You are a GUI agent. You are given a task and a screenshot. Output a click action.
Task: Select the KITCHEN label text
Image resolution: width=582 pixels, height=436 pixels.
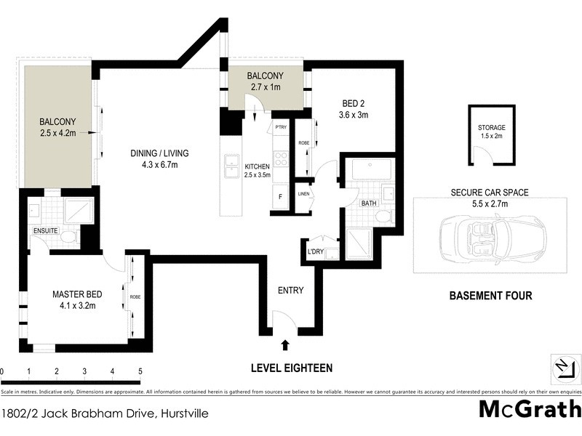257,166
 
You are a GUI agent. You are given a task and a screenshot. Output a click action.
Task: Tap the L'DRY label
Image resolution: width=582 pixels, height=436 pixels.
316,253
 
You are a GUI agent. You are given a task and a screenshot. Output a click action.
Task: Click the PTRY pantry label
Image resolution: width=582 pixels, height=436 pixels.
281,128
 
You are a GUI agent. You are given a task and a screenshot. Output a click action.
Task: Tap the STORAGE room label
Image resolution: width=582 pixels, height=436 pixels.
492,128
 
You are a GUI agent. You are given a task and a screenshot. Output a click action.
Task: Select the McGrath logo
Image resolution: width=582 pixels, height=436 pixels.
530,408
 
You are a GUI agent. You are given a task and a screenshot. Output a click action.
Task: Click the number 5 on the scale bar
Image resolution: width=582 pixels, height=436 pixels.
140,371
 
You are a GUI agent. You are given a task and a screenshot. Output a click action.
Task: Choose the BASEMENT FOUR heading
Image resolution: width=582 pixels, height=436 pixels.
490,296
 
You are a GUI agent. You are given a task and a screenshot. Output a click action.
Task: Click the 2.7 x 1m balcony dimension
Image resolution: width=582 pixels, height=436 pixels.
264,87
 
